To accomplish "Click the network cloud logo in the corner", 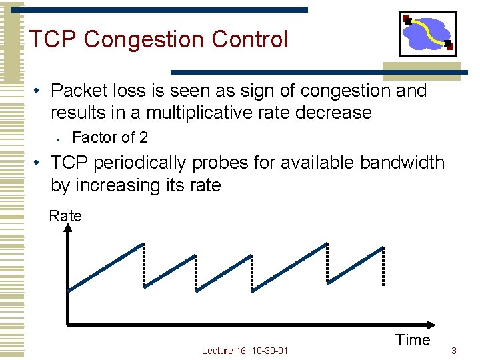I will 427,33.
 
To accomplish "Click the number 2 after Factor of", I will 143,138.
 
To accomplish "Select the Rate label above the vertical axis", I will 65,216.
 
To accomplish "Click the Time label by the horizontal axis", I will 413,340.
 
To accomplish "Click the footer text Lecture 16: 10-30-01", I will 245,351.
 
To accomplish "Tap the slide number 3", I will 454,350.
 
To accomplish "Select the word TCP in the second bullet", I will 69,163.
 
